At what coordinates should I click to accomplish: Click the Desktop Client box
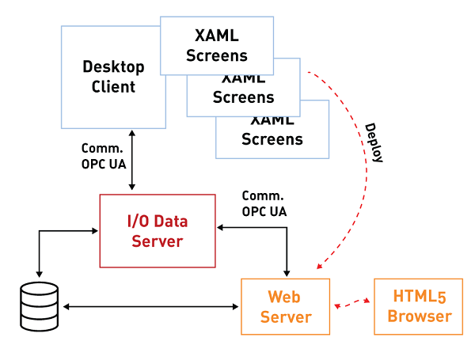[x=113, y=77]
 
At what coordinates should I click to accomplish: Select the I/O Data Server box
[x=157, y=230]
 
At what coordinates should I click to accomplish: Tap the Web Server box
[x=284, y=306]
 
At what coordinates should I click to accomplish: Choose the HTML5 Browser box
[x=420, y=306]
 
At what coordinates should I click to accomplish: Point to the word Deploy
[x=374, y=142]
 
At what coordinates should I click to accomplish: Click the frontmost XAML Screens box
[x=217, y=45]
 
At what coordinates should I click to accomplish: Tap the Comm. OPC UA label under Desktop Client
[x=103, y=156]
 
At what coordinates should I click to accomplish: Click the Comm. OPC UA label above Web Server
[x=264, y=203]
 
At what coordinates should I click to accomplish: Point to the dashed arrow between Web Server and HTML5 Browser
[x=352, y=303]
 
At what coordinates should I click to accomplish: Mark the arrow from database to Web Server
[x=150, y=306]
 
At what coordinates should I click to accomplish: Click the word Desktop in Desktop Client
[x=113, y=67]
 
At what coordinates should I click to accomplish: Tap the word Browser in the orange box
[x=420, y=316]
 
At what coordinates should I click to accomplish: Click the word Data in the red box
[x=172, y=221]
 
